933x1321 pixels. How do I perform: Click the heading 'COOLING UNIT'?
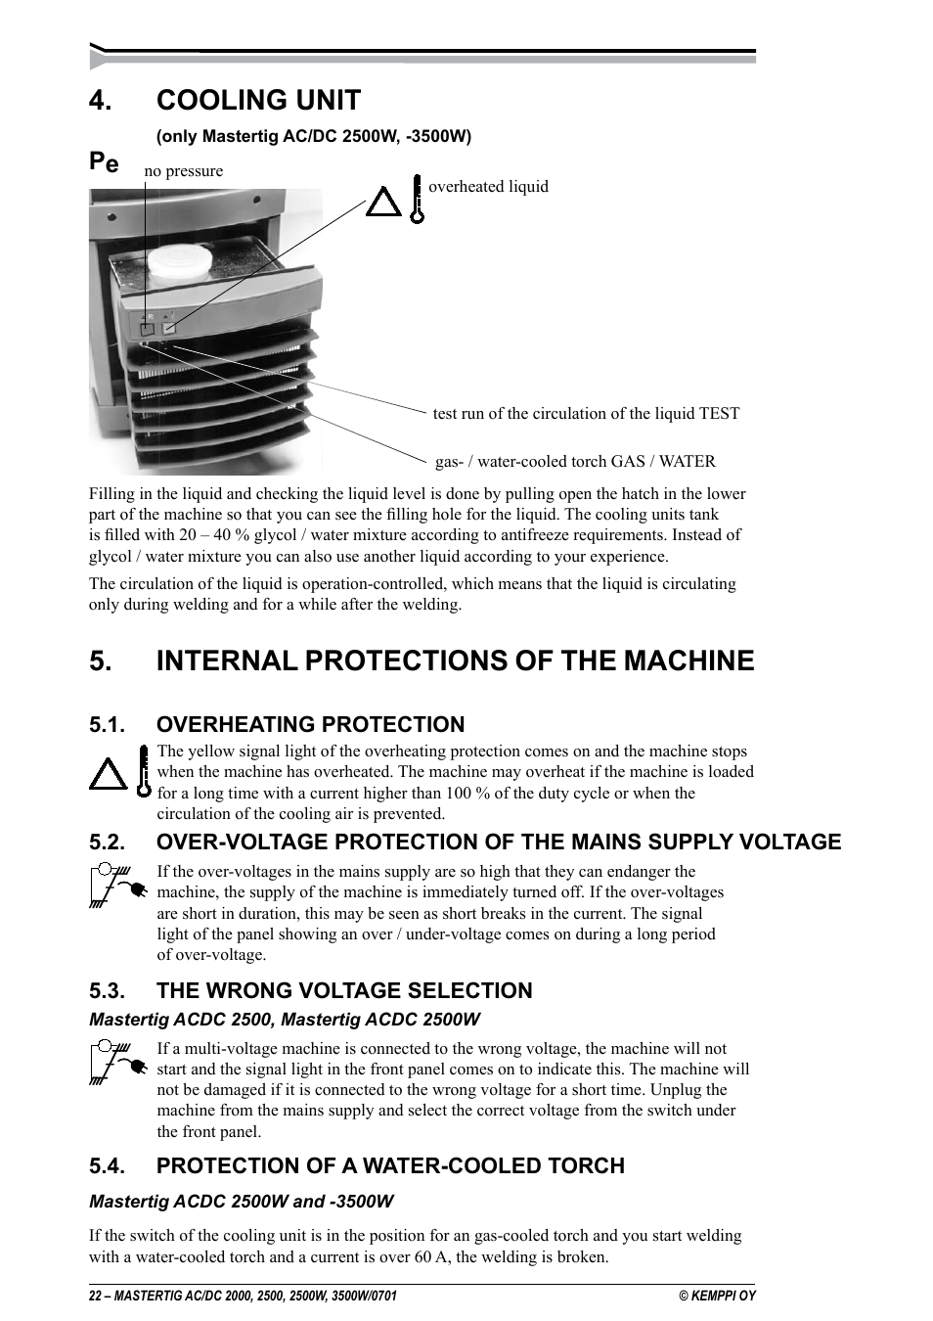point(258,100)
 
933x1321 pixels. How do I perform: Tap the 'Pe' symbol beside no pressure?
point(104,162)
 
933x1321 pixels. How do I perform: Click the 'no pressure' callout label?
point(183,171)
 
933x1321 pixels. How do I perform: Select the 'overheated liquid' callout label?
point(488,187)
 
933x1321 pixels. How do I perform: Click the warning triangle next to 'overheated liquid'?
point(383,203)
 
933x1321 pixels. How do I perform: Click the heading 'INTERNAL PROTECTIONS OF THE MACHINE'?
point(455,661)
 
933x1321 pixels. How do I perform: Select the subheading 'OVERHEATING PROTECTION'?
point(310,724)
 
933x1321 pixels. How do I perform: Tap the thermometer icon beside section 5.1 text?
point(143,770)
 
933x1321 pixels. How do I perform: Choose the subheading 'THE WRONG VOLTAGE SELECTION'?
point(344,990)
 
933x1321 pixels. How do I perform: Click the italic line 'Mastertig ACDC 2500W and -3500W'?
point(242,1201)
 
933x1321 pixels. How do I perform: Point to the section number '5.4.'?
point(107,1165)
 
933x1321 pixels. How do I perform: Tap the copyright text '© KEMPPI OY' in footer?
point(717,1296)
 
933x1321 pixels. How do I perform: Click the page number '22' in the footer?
point(95,1296)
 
